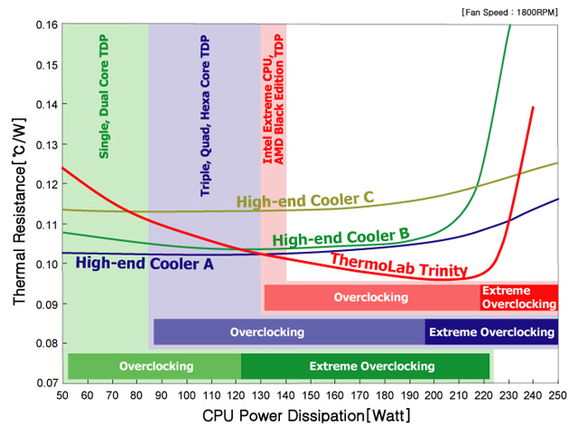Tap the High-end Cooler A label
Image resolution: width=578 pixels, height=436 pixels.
pyautogui.click(x=144, y=264)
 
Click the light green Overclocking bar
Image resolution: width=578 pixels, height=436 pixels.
pyautogui.click(x=155, y=366)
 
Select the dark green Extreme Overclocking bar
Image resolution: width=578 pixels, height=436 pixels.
pyautogui.click(x=366, y=366)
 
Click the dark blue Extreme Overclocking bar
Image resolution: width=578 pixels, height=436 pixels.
pyautogui.click(x=491, y=332)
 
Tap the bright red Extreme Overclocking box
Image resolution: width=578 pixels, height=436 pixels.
pyautogui.click(x=518, y=297)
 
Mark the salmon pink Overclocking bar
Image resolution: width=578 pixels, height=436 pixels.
pyautogui.click(x=370, y=297)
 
